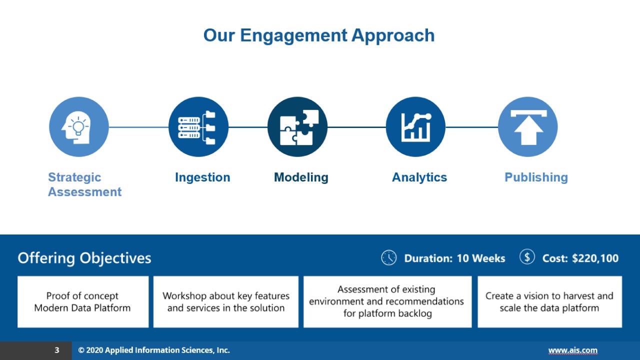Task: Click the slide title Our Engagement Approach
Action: pyautogui.click(x=319, y=35)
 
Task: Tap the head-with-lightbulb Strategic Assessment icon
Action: pyautogui.click(x=78, y=127)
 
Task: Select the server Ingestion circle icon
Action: pyautogui.click(x=198, y=127)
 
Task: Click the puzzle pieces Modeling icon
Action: pyautogui.click(x=297, y=127)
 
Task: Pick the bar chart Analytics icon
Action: pyautogui.click(x=415, y=127)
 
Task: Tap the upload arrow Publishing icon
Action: pyautogui.click(x=528, y=127)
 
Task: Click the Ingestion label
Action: pyautogui.click(x=202, y=177)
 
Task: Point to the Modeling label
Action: pyautogui.click(x=301, y=177)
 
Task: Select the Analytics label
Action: pyautogui.click(x=419, y=177)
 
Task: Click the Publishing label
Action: pyautogui.click(x=536, y=177)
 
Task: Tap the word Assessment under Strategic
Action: pyautogui.click(x=84, y=192)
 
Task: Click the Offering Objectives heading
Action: pyautogui.click(x=84, y=258)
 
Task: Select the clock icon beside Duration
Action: pyautogui.click(x=388, y=257)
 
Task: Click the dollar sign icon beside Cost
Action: pyautogui.click(x=527, y=257)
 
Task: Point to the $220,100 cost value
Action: pyautogui.click(x=595, y=258)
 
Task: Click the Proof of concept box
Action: pyautogui.click(x=83, y=302)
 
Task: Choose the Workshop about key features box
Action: pyautogui.click(x=226, y=302)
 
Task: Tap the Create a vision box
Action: pyautogui.click(x=549, y=302)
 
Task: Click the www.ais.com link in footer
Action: pyautogui.click(x=572, y=350)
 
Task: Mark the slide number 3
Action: pyautogui.click(x=57, y=350)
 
